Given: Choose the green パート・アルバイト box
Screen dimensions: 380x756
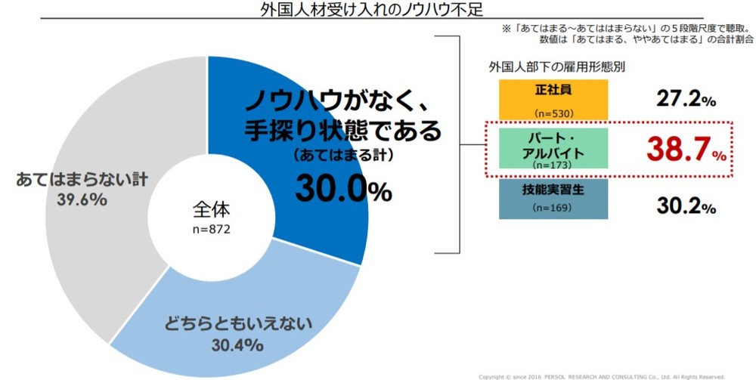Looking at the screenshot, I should click(x=553, y=149).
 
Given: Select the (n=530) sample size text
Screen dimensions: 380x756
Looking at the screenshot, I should click(x=552, y=113).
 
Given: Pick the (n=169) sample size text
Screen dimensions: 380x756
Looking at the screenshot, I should click(x=552, y=207).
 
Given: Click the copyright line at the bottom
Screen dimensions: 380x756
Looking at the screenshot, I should click(x=601, y=375).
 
